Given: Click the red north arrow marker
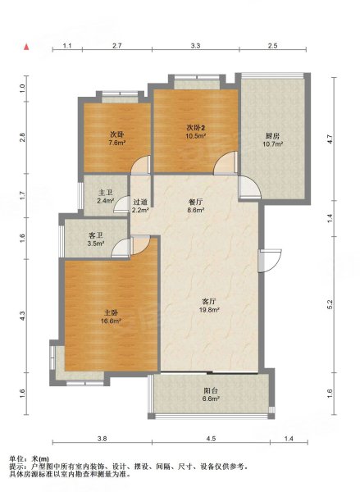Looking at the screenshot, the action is [x=27, y=47].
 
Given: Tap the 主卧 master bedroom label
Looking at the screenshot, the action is [x=111, y=313].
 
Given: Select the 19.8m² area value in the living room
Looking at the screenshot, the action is [x=209, y=310].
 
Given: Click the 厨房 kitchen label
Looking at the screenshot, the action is [x=272, y=136].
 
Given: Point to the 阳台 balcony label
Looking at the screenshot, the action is [x=211, y=390].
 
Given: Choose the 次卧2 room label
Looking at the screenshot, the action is [x=196, y=128].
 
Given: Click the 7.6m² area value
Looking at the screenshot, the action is [x=117, y=143].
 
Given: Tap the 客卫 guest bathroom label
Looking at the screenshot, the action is [x=96, y=235].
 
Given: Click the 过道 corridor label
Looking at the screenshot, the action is [x=140, y=203].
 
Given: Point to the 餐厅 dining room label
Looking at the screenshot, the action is [x=195, y=202].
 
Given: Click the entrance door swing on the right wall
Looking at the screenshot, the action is [x=270, y=261].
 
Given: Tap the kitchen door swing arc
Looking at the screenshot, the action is [x=249, y=188].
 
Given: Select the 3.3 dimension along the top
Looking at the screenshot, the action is [x=195, y=46].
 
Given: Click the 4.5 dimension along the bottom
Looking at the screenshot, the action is [x=212, y=439].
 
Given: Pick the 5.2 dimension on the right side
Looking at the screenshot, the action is [x=330, y=304].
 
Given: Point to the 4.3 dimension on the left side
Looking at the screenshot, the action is [x=22, y=316].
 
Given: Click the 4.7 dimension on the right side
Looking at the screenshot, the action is [x=330, y=139].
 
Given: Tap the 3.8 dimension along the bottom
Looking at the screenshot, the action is [x=103, y=439].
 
